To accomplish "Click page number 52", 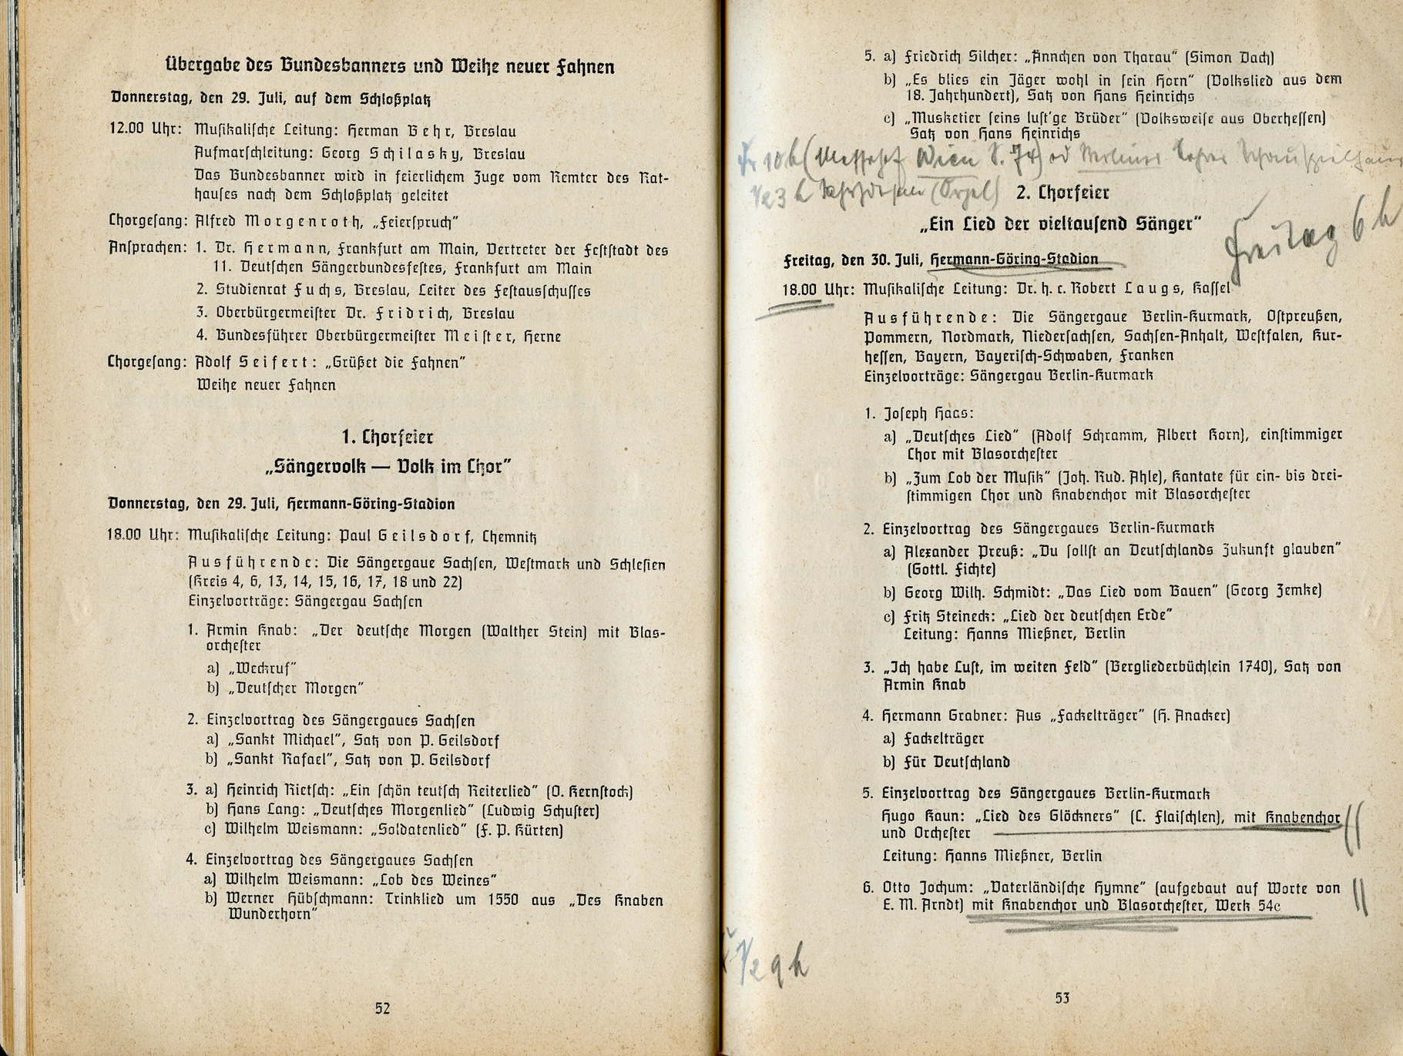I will click(382, 1008).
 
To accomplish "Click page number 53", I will click(1062, 998).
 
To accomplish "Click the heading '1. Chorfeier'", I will click(387, 437).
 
